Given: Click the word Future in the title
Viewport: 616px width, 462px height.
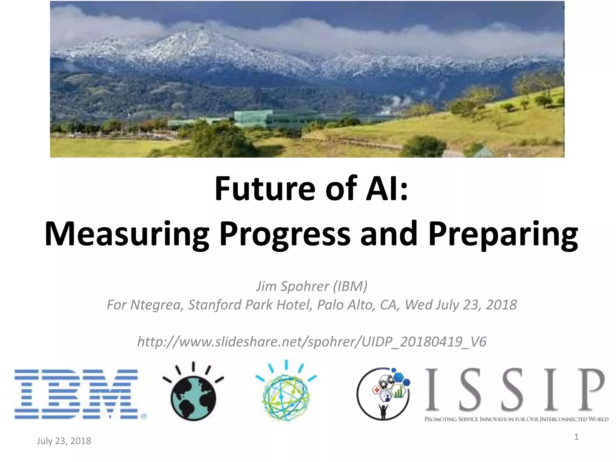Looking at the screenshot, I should point(265,189).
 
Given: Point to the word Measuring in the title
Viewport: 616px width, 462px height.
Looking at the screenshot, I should point(126,234).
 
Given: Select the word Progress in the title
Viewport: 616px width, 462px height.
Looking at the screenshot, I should point(285,234).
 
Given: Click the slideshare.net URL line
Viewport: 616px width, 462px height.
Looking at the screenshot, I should point(312,342).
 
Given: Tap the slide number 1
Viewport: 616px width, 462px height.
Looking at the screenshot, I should point(576,437).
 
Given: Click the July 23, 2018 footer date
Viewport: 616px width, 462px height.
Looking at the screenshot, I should point(64,441).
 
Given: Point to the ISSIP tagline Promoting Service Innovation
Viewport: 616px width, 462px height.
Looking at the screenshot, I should point(516,419).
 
